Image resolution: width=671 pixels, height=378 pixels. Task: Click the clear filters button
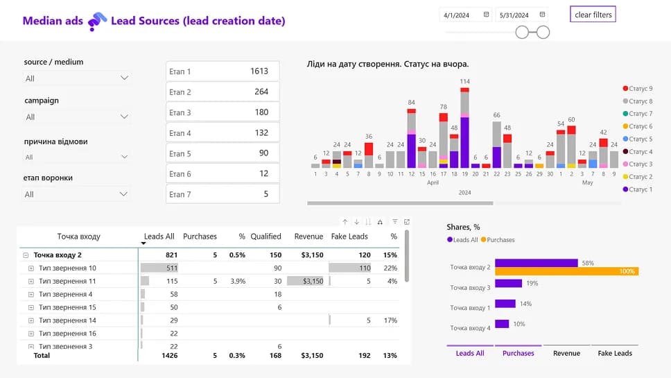[x=593, y=15]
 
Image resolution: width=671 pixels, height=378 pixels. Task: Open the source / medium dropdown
[x=77, y=78]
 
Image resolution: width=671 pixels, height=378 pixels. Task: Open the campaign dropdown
[x=77, y=117]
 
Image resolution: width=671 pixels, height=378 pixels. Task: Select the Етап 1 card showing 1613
[x=223, y=71]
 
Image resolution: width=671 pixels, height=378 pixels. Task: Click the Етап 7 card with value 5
[x=223, y=194]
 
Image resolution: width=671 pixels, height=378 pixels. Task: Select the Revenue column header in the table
[x=308, y=237]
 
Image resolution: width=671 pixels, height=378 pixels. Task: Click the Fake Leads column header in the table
[x=349, y=237]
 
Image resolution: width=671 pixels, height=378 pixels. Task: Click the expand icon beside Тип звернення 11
[x=31, y=281]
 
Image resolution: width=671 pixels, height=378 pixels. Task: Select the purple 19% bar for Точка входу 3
[x=508, y=283]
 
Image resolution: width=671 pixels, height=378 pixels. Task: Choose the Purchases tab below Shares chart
[x=518, y=353]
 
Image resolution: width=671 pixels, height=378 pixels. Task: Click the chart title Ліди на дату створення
[x=387, y=64]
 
